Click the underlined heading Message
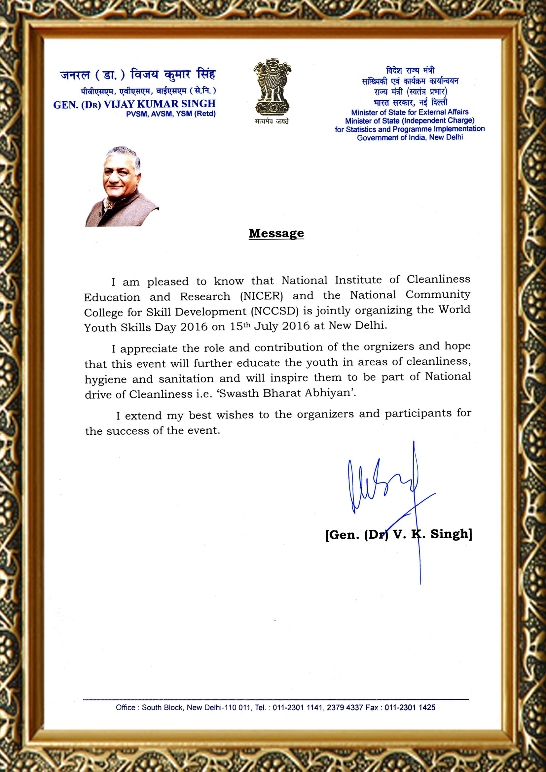[x=276, y=233]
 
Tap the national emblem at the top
[x=272, y=87]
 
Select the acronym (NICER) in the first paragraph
[x=261, y=296]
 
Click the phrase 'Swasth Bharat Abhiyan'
[x=287, y=393]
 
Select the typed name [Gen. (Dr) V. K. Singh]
[x=399, y=534]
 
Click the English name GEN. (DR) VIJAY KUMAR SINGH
[x=134, y=104]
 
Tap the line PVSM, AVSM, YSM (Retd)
[x=171, y=114]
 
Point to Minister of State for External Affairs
[x=410, y=112]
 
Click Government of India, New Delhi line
[x=410, y=138]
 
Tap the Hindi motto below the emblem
[x=272, y=121]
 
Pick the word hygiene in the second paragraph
[x=105, y=379]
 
